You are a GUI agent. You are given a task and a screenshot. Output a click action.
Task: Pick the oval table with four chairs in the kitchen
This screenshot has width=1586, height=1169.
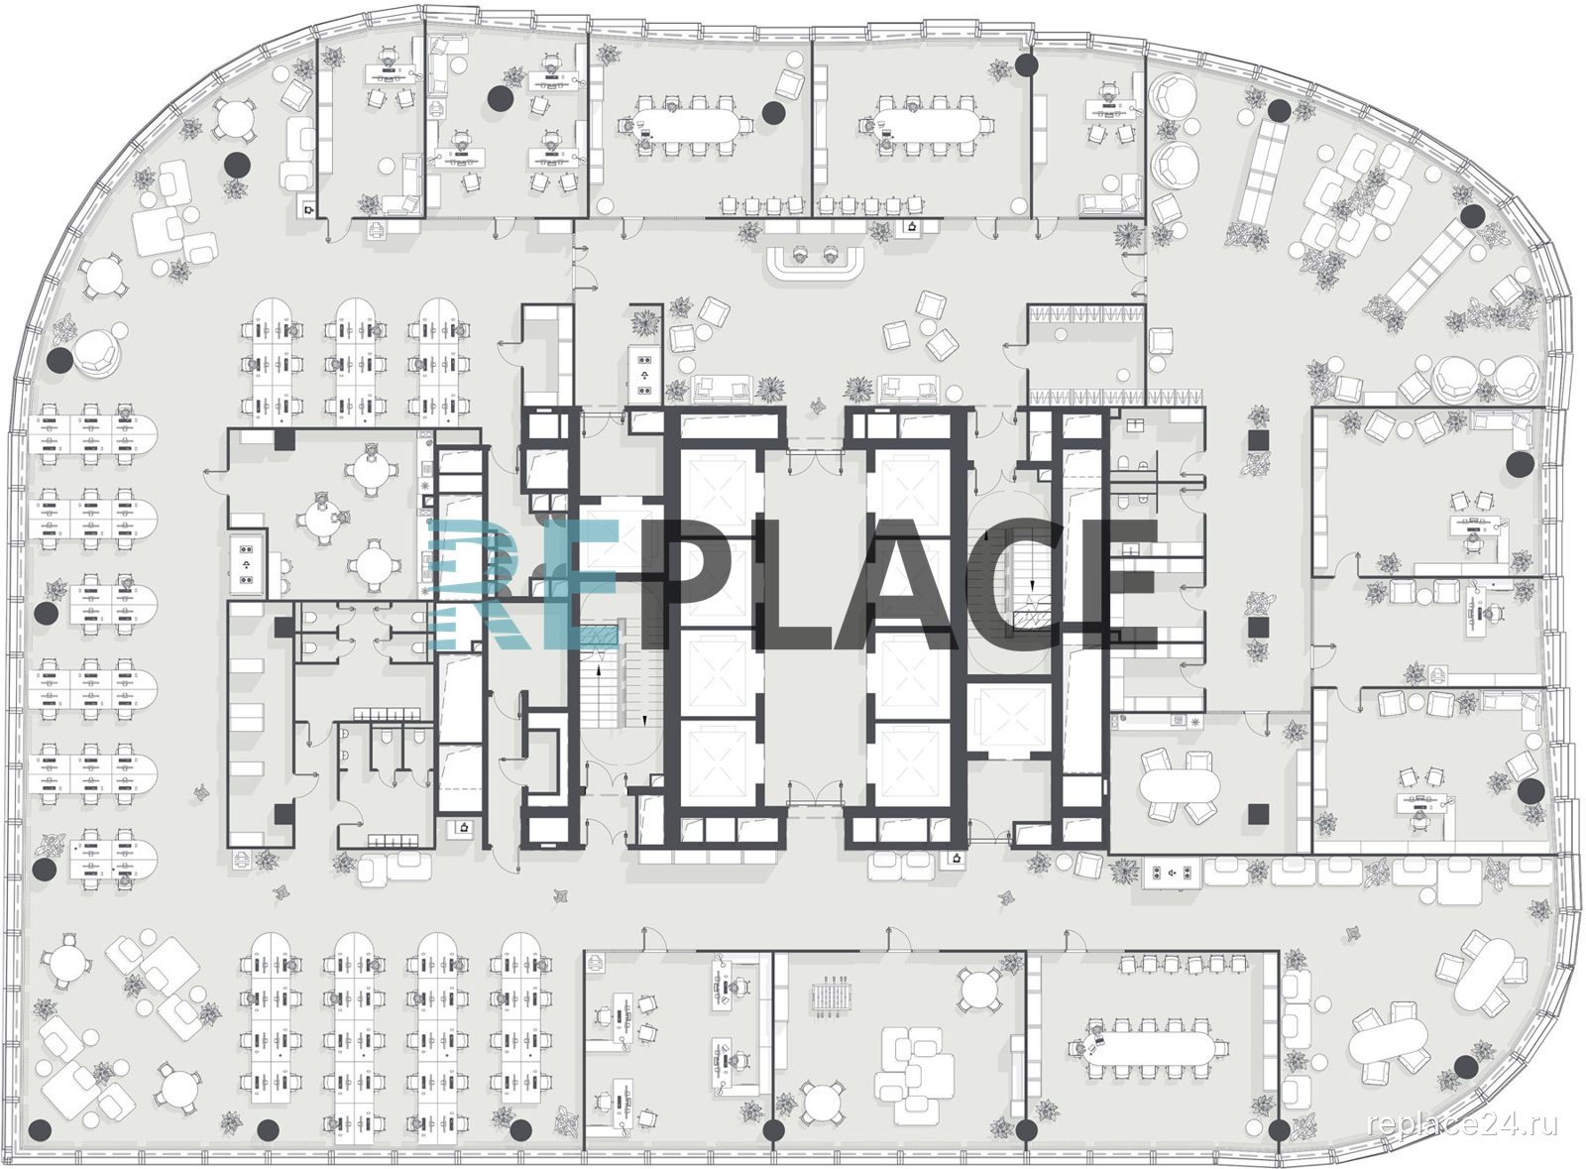[1180, 784]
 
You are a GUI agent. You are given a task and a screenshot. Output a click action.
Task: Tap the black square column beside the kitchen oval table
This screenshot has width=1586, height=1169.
[1258, 814]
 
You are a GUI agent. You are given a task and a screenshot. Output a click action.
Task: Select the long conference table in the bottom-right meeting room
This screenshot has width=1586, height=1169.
[1152, 1049]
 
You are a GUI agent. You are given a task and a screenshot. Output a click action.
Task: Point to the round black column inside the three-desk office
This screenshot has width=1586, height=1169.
[501, 98]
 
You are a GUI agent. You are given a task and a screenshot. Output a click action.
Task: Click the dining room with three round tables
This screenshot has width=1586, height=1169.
[329, 514]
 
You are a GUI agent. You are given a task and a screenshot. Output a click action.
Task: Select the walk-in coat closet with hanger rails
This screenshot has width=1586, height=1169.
[1086, 354]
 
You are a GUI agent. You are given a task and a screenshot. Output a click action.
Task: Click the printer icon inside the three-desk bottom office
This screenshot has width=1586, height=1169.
[596, 963]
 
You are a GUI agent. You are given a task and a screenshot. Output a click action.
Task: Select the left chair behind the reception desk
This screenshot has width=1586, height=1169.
[800, 255]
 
